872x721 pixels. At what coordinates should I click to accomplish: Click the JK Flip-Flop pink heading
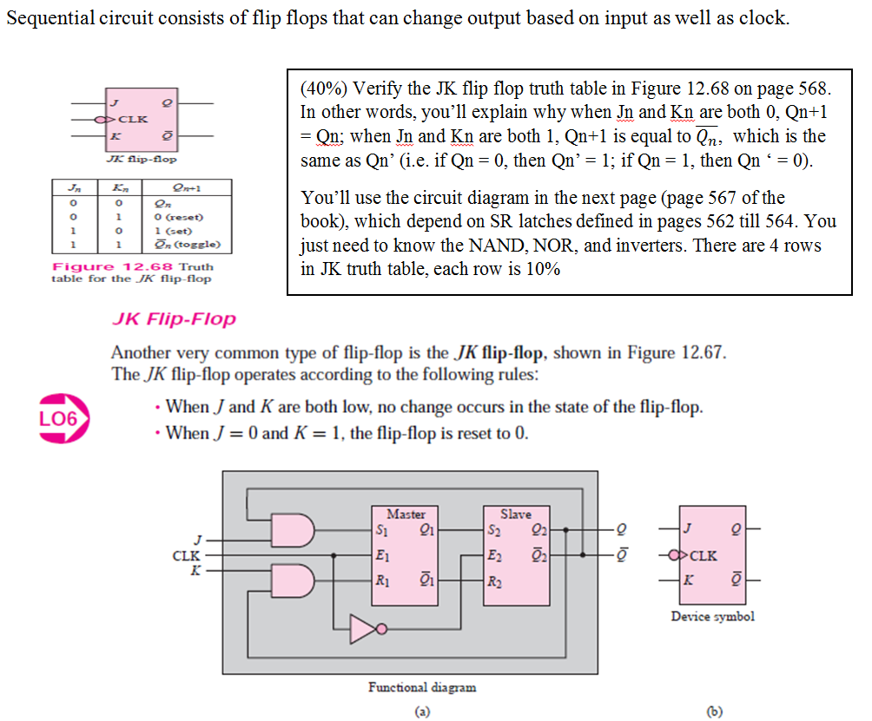(x=174, y=319)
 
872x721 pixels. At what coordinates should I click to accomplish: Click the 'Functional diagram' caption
(x=422, y=687)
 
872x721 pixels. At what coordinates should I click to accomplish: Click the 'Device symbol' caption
(x=712, y=617)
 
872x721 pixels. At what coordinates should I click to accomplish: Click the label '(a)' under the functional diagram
(x=421, y=709)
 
